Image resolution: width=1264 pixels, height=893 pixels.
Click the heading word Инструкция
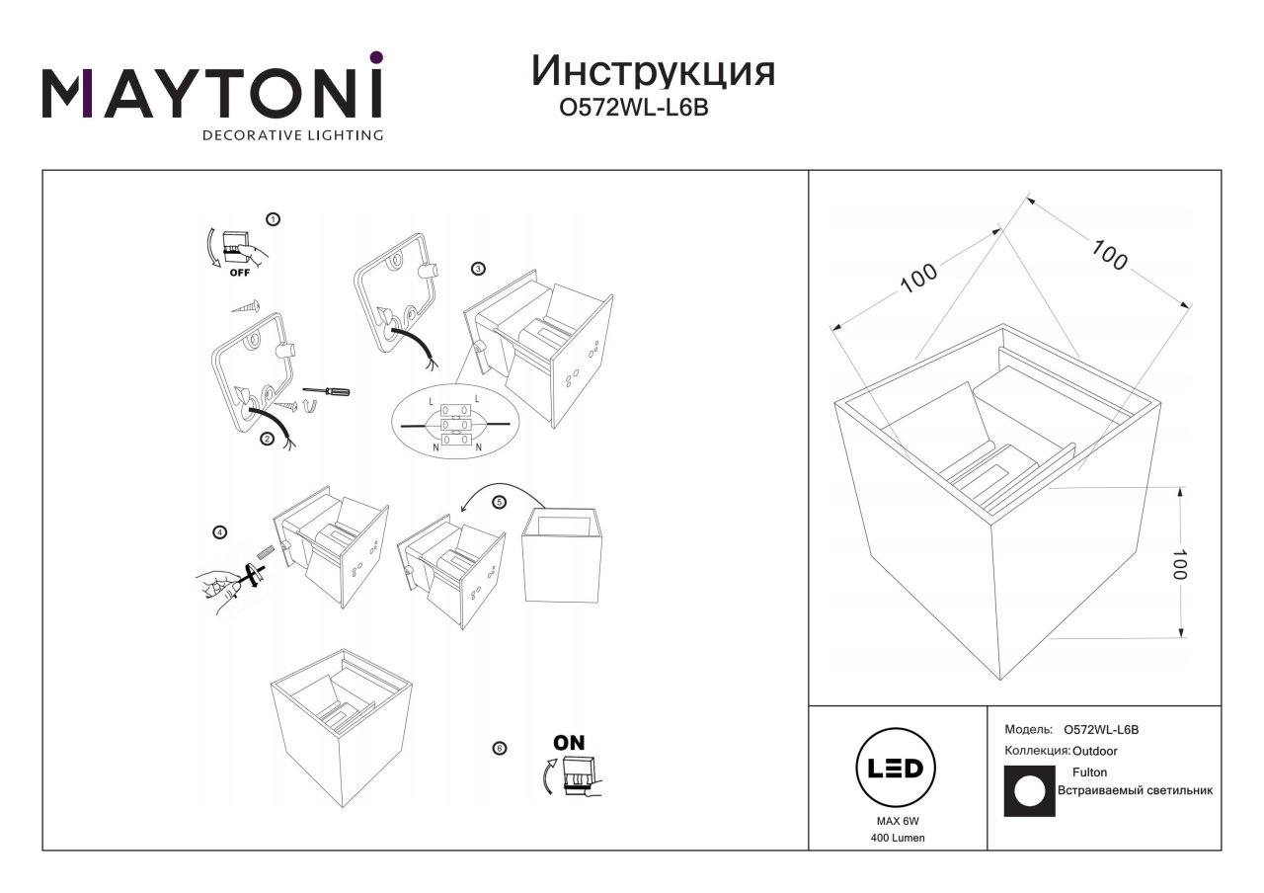coord(653,72)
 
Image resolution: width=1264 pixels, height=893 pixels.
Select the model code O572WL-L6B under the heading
coord(633,108)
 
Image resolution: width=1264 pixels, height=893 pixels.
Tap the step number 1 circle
coord(274,219)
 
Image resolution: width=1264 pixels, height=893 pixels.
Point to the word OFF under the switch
coord(240,273)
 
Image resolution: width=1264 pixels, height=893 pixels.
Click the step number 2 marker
coord(267,439)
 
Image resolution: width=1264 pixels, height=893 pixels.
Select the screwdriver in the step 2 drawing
coord(326,390)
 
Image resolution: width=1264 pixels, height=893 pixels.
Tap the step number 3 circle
coord(478,269)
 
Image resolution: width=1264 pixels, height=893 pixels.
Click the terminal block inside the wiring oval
coord(455,425)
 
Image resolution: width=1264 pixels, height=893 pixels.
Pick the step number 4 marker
coord(219,532)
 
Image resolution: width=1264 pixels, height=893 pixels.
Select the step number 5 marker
coord(499,503)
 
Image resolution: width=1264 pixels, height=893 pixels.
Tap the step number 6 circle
coord(499,749)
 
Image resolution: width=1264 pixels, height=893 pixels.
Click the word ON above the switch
coord(569,743)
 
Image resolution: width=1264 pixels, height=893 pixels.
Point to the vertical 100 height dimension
coord(1180,564)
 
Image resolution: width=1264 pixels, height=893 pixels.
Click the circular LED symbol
coord(896,768)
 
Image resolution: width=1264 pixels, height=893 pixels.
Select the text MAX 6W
coord(898,821)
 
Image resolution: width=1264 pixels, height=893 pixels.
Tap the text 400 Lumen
coord(898,839)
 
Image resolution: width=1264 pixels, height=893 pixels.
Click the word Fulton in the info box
coord(1089,772)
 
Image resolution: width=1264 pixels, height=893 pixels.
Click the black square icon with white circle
coord(1029,791)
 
